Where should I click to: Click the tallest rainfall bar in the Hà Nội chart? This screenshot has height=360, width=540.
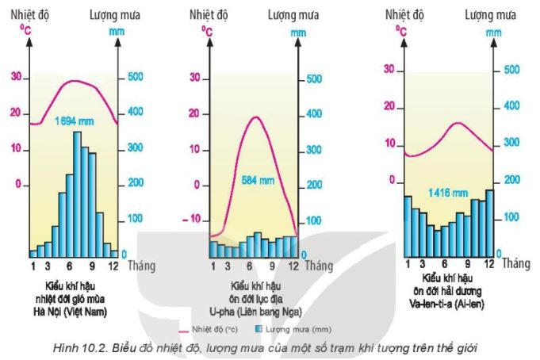(77, 193)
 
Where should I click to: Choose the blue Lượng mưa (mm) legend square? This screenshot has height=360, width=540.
(259, 329)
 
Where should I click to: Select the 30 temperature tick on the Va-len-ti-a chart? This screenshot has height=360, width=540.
(389, 69)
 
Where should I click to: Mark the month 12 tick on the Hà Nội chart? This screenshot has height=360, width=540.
(113, 266)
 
